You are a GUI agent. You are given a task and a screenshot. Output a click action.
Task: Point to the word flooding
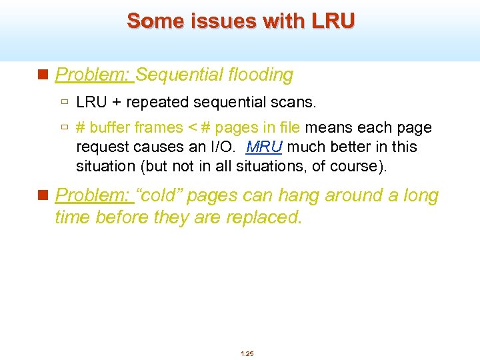pyautogui.click(x=259, y=75)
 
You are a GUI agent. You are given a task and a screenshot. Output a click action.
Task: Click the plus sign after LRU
pyautogui.click(x=115, y=103)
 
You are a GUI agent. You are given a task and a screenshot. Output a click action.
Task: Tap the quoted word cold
pyautogui.click(x=160, y=196)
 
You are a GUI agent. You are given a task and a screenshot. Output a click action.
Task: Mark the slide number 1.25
pyautogui.click(x=247, y=353)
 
